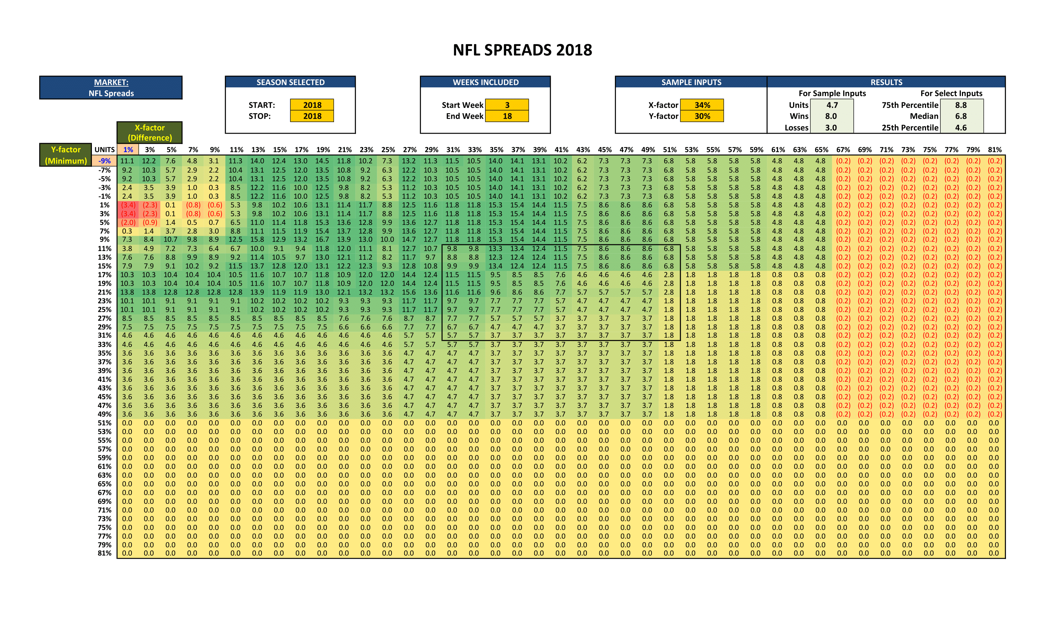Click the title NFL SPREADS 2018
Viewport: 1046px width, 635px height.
pos(522,50)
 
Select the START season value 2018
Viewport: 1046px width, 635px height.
pos(312,105)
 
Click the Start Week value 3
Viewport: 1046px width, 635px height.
pos(507,105)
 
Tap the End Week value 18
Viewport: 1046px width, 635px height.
pos(507,116)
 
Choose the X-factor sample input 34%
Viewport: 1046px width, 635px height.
pos(702,105)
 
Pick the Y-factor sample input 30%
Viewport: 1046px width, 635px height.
pos(702,116)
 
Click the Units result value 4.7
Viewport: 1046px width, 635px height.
pos(832,105)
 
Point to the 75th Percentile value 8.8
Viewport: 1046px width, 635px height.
pos(961,105)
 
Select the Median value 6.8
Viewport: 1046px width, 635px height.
pos(961,116)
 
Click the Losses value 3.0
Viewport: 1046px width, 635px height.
pos(831,127)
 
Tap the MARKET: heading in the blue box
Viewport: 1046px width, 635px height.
pos(111,82)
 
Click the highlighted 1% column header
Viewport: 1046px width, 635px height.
pos(128,149)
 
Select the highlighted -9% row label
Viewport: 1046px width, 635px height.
pos(105,161)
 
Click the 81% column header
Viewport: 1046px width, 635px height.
pos(994,149)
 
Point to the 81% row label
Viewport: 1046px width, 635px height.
pos(105,553)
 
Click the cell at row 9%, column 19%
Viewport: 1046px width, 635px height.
pos(322,239)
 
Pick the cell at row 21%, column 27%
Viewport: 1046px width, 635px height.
pos(409,292)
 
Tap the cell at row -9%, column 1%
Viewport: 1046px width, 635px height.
pos(127,161)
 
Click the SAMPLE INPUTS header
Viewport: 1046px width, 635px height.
pos(691,82)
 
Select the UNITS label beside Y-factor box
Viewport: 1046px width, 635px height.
pos(105,149)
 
